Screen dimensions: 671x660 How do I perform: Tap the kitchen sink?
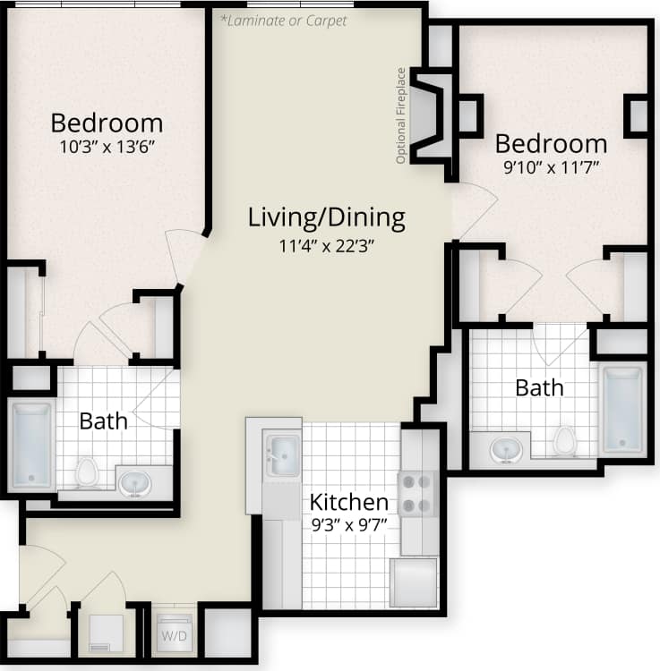click(x=284, y=454)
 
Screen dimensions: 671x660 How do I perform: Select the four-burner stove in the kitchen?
click(x=417, y=494)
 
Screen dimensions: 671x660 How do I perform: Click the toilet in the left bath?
click(x=87, y=471)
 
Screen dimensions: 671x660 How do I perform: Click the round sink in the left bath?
click(x=135, y=483)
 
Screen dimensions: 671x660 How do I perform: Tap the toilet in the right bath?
click(x=564, y=440)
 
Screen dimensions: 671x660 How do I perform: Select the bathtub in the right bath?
click(x=621, y=409)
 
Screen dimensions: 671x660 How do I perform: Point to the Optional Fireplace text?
click(x=402, y=116)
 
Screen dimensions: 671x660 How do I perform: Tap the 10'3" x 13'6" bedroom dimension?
click(x=107, y=149)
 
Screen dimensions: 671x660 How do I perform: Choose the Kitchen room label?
click(x=349, y=502)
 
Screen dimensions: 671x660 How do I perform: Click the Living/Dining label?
click(x=326, y=217)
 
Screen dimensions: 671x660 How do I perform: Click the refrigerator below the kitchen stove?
click(x=415, y=583)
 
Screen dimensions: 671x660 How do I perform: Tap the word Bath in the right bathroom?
click(x=539, y=387)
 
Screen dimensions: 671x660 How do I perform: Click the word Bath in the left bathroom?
click(x=103, y=420)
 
